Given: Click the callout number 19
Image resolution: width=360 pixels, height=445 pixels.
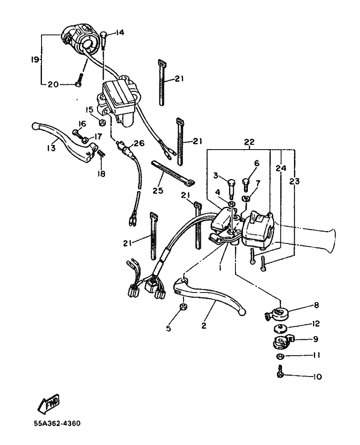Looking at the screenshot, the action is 35,60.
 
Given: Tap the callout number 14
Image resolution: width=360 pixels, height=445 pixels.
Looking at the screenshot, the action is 120,33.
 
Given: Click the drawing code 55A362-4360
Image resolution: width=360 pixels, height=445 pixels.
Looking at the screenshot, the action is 57,423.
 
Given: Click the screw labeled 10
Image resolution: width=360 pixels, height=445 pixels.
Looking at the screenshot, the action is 280,371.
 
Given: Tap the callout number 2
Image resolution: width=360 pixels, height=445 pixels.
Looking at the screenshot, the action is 204,326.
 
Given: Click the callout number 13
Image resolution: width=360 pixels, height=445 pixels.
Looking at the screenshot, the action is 51,148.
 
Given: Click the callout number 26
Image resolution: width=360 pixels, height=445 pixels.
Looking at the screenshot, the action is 140,143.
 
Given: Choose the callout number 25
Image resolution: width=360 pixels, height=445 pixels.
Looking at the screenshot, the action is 158,190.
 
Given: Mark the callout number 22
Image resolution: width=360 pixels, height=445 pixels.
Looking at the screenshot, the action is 249,142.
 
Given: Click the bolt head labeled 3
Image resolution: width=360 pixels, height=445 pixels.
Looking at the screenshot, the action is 232,182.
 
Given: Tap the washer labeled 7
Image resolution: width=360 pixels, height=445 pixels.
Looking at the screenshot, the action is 246,198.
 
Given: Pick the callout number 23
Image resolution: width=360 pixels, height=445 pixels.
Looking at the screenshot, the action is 294,181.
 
